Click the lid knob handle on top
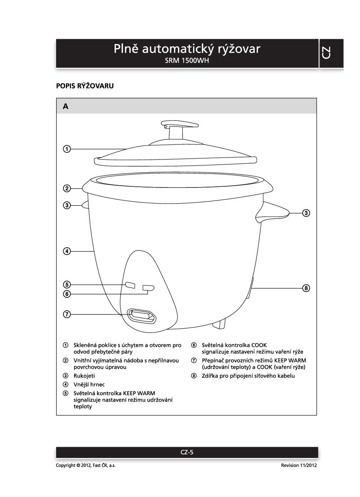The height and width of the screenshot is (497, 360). pos(180,124)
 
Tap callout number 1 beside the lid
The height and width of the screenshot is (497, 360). pos(67,149)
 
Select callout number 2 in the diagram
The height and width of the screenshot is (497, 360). pos(67,188)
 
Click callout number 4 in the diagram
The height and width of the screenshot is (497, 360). pos(67,251)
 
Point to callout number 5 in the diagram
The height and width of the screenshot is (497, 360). pos(67,284)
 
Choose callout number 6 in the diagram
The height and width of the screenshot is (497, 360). pos(67,294)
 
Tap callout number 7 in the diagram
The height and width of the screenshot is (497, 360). pos(67,314)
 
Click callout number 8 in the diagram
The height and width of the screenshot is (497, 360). pos(306,288)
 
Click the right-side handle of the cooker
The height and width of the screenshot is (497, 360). pos(275,212)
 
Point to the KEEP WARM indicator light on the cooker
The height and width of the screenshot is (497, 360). pos(130,285)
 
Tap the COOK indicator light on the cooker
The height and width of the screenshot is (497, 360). pos(148,287)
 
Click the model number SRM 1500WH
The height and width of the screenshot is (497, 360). pos(187,61)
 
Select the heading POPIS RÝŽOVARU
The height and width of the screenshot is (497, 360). pos(85,86)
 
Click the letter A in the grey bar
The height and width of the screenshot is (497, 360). pos(66,107)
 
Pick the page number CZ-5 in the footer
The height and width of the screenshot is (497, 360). pos(187,452)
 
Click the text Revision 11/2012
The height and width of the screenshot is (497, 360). pos(299,465)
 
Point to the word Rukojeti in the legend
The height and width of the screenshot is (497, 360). pos(84,376)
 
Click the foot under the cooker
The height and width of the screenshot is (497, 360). pos(220,324)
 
